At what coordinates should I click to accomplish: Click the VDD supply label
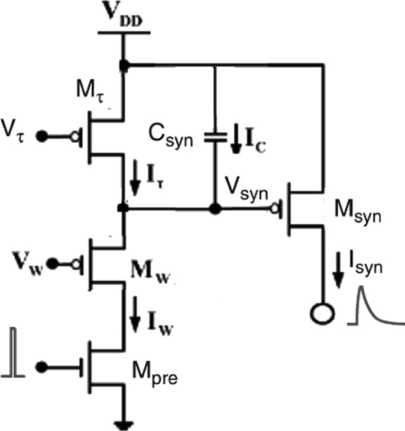pyautogui.click(x=124, y=16)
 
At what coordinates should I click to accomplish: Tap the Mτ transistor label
pyautogui.click(x=89, y=94)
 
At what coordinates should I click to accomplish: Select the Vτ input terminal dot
pyautogui.click(x=41, y=136)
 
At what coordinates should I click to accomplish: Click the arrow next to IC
pyautogui.click(x=236, y=139)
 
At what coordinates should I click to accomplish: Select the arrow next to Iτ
pyautogui.click(x=135, y=182)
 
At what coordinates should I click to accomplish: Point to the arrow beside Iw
pyautogui.click(x=135, y=319)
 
